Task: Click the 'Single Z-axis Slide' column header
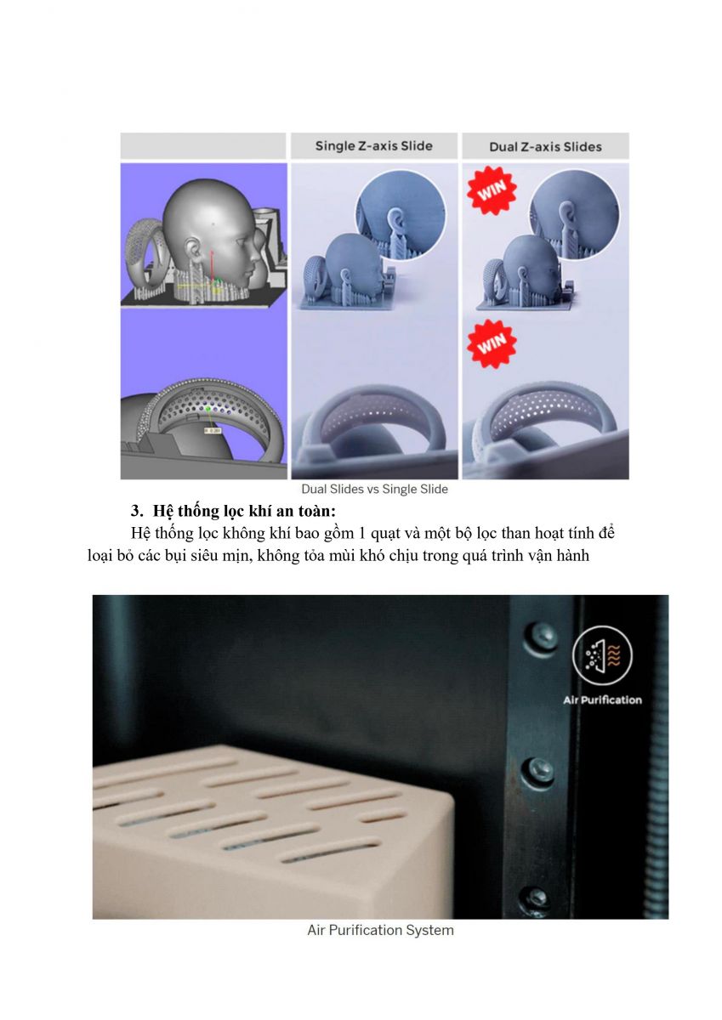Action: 373,146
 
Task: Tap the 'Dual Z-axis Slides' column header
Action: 545,147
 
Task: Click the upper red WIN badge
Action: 492,190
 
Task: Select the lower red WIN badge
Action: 492,343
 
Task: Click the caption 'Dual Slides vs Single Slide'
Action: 374,489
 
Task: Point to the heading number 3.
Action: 137,511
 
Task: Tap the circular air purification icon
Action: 602,655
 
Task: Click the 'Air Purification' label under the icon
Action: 602,700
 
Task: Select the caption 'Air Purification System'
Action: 380,930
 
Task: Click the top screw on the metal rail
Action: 540,637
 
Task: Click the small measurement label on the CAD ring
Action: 213,430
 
